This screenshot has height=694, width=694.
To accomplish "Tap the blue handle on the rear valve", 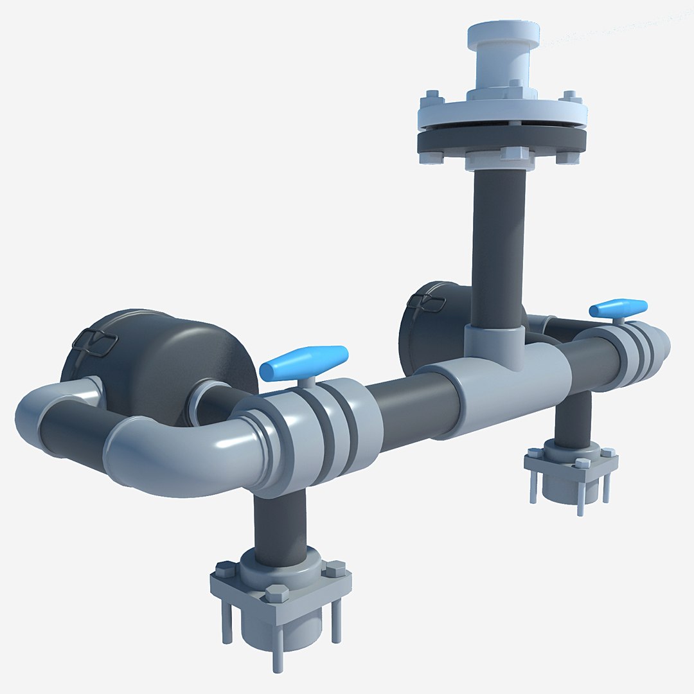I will (618, 308).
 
